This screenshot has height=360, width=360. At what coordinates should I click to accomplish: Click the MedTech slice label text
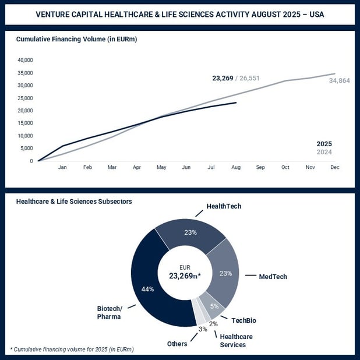tap(273, 276)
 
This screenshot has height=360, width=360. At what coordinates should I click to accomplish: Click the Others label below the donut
tap(177, 344)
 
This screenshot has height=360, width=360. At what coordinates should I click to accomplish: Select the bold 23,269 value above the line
tap(224, 78)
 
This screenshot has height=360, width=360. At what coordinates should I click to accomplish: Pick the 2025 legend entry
tap(324, 144)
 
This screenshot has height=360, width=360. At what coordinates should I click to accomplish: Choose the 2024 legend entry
tap(324, 153)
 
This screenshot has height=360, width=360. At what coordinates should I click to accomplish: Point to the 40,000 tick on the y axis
tap(24, 60)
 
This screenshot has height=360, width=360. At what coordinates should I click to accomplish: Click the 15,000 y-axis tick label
tap(24, 123)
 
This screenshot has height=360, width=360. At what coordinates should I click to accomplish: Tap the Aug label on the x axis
tap(235, 167)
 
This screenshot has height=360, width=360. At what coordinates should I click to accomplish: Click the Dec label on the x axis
tap(334, 167)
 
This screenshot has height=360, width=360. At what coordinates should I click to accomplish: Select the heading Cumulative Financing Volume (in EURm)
tap(77, 40)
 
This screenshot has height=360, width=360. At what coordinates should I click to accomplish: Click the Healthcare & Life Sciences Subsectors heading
tap(74, 202)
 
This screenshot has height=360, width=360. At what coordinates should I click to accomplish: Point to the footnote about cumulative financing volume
tap(72, 349)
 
